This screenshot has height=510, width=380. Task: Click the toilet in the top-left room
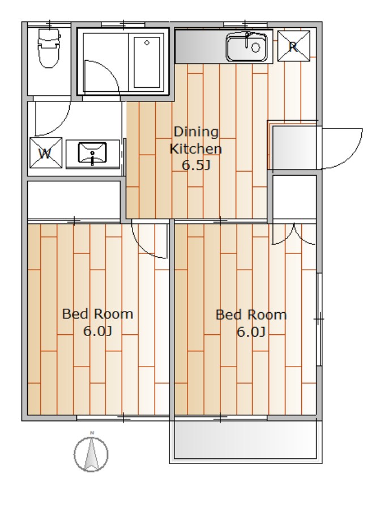coord(49,48)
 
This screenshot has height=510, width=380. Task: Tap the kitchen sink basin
coord(247,48)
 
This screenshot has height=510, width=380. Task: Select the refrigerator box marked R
coord(293,46)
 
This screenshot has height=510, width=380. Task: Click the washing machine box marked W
coord(45,152)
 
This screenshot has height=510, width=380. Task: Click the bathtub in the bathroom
coord(147,62)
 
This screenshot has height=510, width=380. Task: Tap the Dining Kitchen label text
coord(196,140)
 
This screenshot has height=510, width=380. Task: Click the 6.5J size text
coord(196,165)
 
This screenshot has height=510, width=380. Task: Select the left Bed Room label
coord(97,314)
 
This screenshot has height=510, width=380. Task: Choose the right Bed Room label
coord(251,315)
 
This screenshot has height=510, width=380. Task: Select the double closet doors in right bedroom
coord(294,235)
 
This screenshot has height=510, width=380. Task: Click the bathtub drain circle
coord(147,42)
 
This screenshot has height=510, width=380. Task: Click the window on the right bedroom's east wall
coord(319,319)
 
